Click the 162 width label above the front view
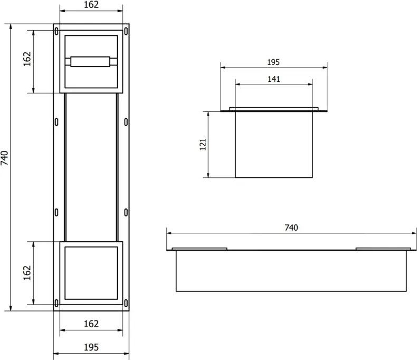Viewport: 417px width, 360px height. [x=91, y=5]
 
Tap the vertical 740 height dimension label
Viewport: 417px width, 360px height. [x=5, y=158]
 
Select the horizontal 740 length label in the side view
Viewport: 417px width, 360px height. [x=291, y=228]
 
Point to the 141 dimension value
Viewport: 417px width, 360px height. [x=273, y=79]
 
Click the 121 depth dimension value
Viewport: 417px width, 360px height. [x=203, y=145]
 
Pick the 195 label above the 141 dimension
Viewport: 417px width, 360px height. [x=273, y=62]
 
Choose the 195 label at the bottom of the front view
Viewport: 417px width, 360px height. [x=91, y=347]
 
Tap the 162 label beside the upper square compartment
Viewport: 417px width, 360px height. [x=27, y=59]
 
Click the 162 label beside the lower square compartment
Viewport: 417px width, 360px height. [x=27, y=272]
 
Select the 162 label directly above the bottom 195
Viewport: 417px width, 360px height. [x=91, y=324]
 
